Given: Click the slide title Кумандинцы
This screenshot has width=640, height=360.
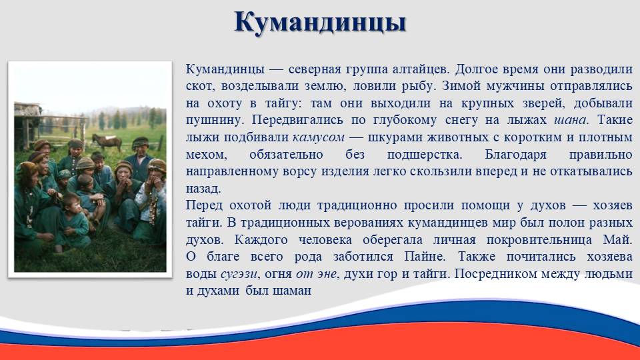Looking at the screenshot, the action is tap(320, 23).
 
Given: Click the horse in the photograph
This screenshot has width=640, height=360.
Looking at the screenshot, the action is tap(107, 141).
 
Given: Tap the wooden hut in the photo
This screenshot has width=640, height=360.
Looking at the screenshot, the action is tap(28, 125).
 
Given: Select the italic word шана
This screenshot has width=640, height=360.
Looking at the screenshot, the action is tap(570, 120).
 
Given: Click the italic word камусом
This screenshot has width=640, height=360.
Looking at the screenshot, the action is tap(319, 137).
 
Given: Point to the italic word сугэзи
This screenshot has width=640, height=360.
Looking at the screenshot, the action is tap(239, 274).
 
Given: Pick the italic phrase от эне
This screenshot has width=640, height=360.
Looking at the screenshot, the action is tap(316, 273).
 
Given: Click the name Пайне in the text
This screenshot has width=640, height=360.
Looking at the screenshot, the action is tap(425, 256).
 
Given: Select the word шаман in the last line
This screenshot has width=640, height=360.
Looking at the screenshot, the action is tap(292, 291).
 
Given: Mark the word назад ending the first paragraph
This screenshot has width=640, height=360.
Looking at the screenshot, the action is tap(203, 189).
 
